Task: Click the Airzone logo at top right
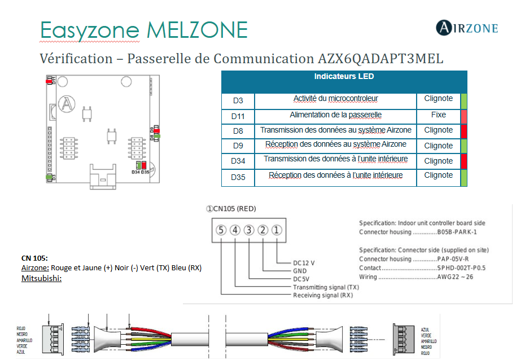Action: (x=467, y=27)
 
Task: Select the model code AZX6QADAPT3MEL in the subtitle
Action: (x=377, y=59)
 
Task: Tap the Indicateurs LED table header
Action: (x=344, y=77)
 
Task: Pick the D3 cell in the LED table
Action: (x=238, y=100)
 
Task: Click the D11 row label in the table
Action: (x=238, y=116)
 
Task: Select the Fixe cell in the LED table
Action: (x=438, y=115)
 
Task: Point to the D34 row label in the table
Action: (x=238, y=161)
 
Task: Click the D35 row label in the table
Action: (x=238, y=177)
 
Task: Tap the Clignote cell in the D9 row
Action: (x=438, y=146)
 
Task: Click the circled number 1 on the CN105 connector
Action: (x=277, y=230)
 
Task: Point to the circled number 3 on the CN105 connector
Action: (x=248, y=230)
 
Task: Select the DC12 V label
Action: (x=304, y=263)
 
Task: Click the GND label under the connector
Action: (x=300, y=271)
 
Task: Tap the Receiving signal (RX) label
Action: (x=323, y=295)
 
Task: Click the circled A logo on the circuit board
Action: (x=67, y=103)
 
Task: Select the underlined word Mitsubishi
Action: (x=41, y=279)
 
